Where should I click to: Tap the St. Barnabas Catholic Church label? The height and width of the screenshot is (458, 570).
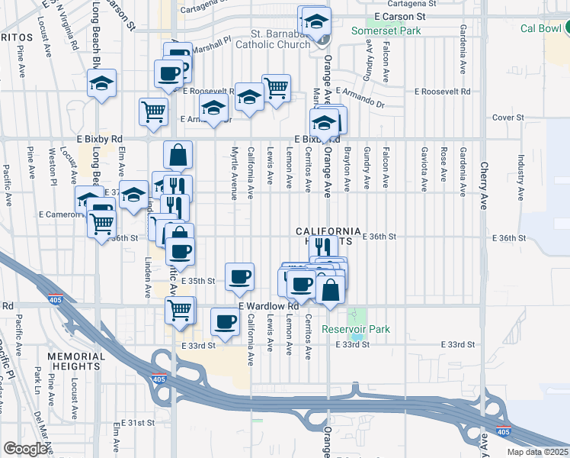(281, 40)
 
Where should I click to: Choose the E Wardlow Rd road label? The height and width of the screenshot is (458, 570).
(268, 306)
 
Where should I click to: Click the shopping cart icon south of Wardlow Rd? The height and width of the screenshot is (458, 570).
(180, 311)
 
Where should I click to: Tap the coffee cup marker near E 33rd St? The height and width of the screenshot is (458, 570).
(224, 321)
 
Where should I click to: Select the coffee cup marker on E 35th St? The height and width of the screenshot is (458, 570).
(240, 276)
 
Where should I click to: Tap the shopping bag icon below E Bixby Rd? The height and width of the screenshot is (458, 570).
(178, 155)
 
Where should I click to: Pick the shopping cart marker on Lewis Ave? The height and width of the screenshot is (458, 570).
(276, 87)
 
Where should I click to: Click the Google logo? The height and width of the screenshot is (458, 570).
(25, 449)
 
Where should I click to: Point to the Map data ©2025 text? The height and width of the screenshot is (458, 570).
(536, 452)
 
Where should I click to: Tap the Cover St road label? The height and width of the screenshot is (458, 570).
(504, 118)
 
